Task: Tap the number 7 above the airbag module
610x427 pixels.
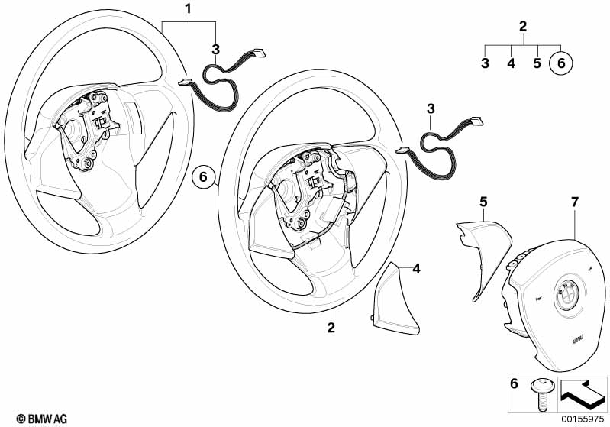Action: (575, 202)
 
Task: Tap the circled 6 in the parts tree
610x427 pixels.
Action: (562, 63)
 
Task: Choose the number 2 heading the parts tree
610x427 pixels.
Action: (523, 27)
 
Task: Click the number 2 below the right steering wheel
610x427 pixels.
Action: (331, 328)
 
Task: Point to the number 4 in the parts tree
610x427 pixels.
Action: (511, 63)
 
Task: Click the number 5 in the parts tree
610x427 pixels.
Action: (537, 63)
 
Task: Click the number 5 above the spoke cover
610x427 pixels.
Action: (483, 202)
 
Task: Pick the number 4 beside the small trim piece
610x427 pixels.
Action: (416, 268)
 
